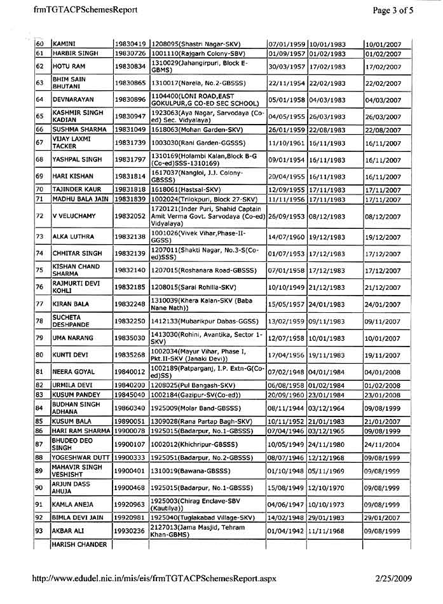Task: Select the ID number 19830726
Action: pyautogui.click(x=131, y=53)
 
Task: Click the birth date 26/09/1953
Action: pyautogui.click(x=286, y=217)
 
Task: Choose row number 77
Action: pyautogui.click(x=39, y=304)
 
